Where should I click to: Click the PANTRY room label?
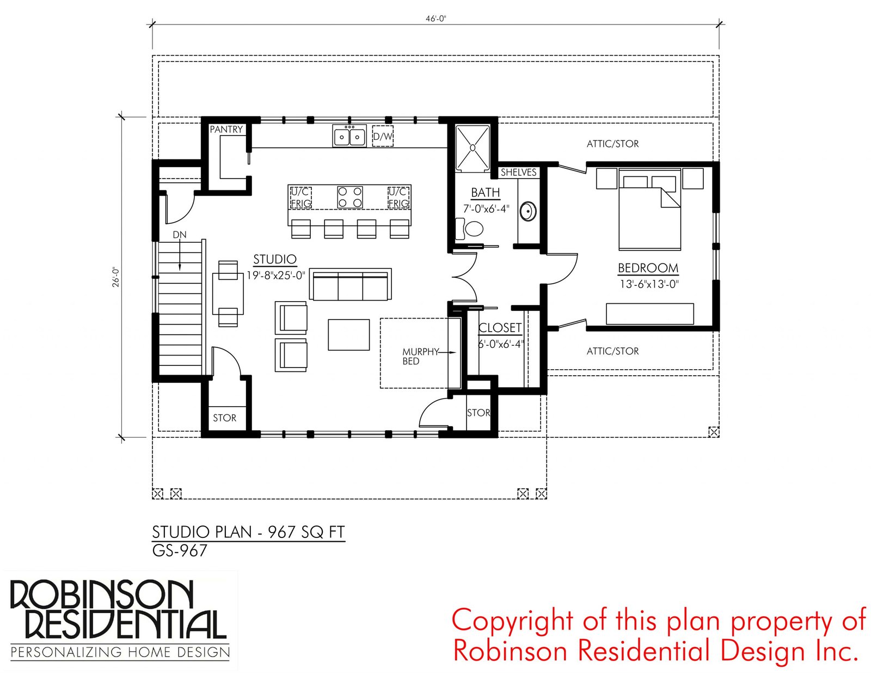(226, 130)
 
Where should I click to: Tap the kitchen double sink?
(349, 136)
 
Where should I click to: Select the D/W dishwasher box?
(382, 136)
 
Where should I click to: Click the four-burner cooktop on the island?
(350, 197)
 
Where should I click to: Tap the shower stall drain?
(473, 148)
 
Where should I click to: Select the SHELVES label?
(518, 173)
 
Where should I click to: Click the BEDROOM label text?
(648, 268)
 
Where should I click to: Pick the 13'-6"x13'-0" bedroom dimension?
(649, 284)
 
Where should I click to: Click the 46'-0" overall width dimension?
(436, 19)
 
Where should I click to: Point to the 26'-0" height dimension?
(116, 277)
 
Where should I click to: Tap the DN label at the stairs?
(180, 235)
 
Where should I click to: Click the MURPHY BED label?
(420, 356)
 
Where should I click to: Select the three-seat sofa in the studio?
(351, 284)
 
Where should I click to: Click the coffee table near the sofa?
(349, 335)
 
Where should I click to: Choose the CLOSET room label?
(500, 328)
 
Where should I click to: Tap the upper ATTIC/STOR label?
(612, 144)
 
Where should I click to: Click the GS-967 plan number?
(180, 550)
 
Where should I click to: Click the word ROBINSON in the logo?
(102, 594)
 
